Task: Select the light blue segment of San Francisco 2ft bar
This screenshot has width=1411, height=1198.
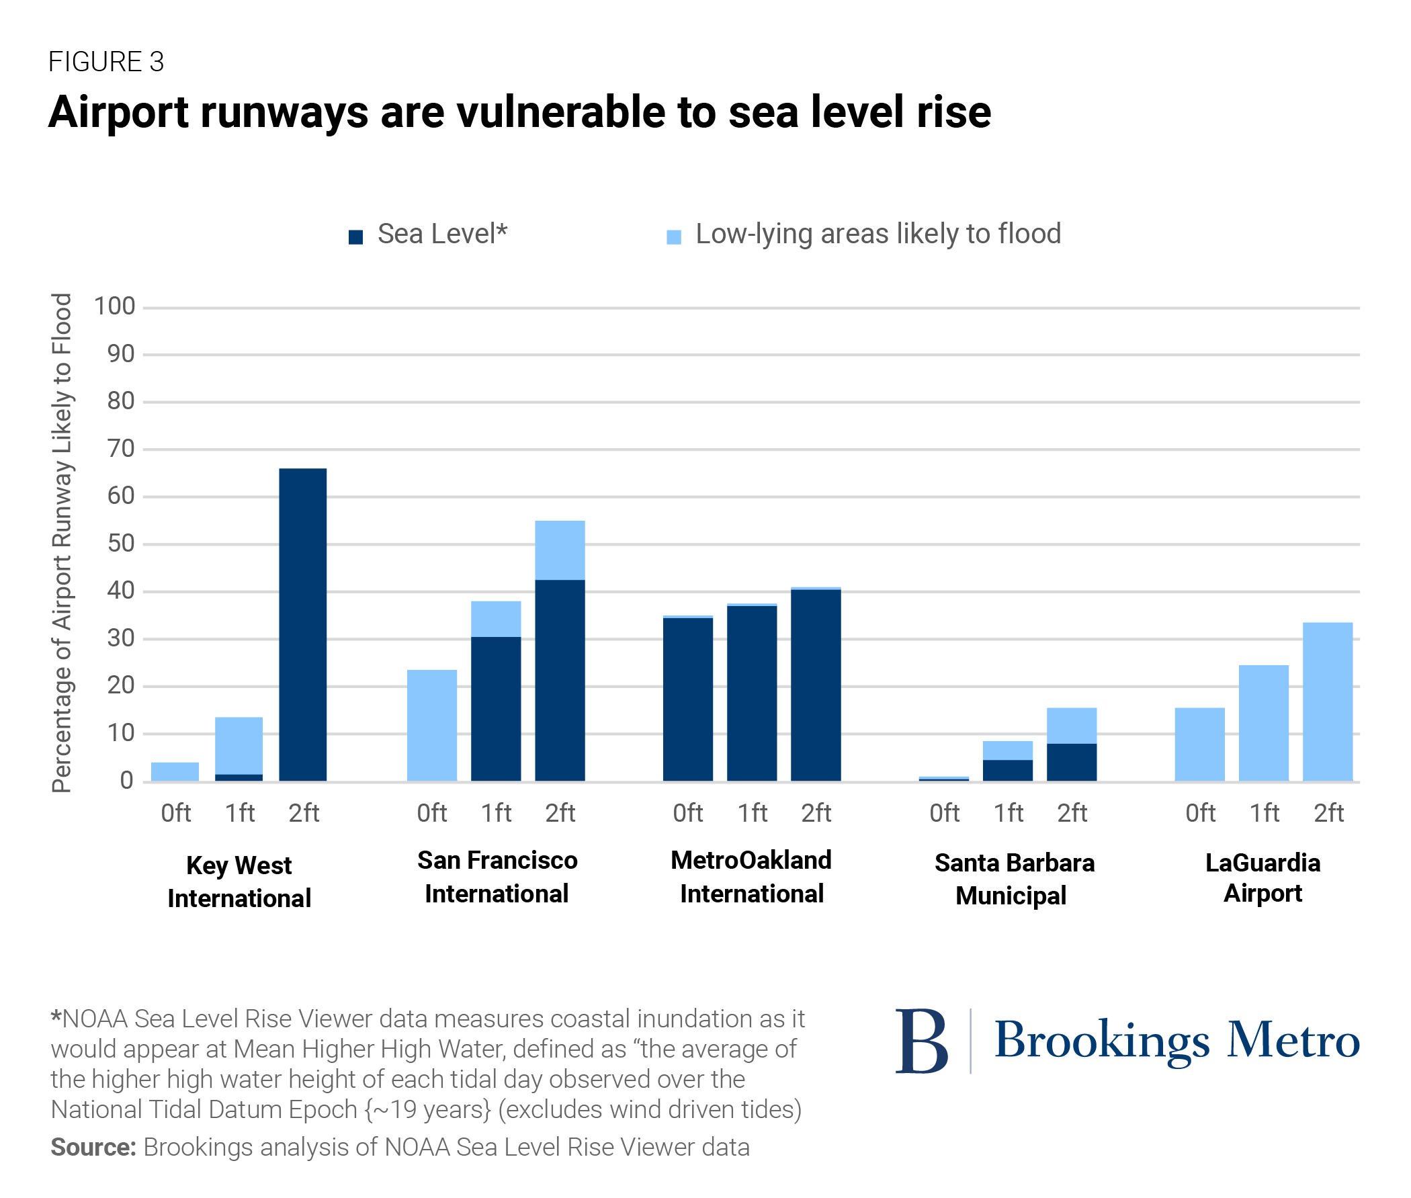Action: tap(560, 550)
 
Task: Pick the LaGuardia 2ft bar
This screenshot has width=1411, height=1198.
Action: tap(1327, 701)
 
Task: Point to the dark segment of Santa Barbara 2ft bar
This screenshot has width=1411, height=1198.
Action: tap(1071, 761)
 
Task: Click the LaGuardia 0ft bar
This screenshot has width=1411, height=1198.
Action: tap(1199, 744)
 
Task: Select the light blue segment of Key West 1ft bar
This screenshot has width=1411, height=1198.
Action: tap(239, 745)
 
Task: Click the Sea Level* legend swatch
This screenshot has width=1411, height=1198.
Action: tap(355, 237)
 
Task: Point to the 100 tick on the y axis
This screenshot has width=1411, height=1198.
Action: tap(115, 306)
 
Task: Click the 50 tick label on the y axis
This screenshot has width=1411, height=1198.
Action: tap(121, 544)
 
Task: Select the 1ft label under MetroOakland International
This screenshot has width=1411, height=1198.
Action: tap(752, 812)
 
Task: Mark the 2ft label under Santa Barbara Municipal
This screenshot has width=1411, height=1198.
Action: tap(1072, 812)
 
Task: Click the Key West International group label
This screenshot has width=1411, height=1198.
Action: tap(239, 882)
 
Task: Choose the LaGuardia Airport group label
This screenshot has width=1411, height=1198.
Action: tap(1263, 878)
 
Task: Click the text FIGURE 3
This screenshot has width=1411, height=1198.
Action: tap(106, 62)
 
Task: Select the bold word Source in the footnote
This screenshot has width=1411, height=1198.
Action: tap(92, 1147)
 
